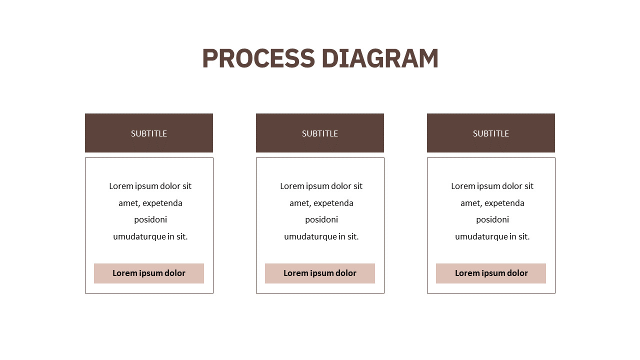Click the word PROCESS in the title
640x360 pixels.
[x=258, y=58]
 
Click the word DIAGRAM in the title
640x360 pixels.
[x=380, y=58]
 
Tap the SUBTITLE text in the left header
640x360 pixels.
[x=149, y=133]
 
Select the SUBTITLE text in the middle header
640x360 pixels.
[x=319, y=133]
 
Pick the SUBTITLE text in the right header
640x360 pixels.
[x=491, y=133]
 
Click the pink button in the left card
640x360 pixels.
[x=149, y=273]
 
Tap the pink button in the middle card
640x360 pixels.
[x=319, y=273]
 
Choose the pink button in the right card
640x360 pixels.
[x=491, y=273]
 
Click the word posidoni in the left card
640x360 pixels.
[x=150, y=219]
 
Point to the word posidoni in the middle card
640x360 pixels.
[x=321, y=219]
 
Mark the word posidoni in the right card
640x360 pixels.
[x=492, y=219]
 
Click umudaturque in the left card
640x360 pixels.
[x=139, y=237]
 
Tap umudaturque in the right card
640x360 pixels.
[x=481, y=237]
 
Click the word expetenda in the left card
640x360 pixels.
[x=162, y=203]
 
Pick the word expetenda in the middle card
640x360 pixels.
[x=333, y=203]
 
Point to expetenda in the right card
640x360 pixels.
[x=504, y=203]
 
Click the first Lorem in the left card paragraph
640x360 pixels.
[x=121, y=186]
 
